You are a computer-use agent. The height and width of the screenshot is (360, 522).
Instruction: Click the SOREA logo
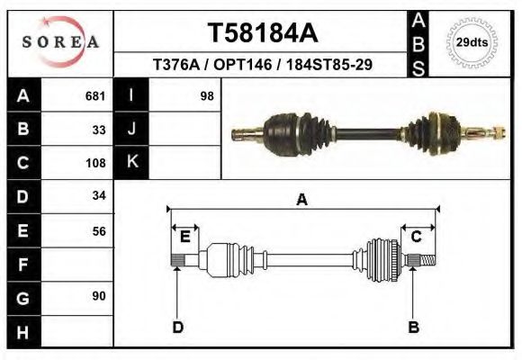tap(60, 42)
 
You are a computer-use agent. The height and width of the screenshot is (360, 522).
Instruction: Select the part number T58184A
tap(262, 33)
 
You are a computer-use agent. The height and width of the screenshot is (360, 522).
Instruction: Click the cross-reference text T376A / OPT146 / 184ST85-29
tap(262, 65)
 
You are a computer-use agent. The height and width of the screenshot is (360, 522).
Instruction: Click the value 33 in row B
tap(99, 129)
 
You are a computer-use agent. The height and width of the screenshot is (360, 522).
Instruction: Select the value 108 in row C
tap(96, 163)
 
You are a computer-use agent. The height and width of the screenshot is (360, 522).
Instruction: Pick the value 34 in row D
tap(99, 195)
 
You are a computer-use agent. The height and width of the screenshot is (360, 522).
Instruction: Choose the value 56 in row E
tap(99, 230)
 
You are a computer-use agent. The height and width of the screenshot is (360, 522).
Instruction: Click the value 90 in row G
tap(99, 296)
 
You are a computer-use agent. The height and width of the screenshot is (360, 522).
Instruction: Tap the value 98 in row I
tap(206, 95)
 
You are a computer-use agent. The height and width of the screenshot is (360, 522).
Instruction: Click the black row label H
tap(22, 332)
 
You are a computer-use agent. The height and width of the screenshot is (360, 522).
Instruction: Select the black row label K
tap(131, 162)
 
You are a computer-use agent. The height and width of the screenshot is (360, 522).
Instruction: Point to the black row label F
tap(22, 265)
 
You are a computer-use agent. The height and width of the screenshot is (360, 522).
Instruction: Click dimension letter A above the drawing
tap(301, 200)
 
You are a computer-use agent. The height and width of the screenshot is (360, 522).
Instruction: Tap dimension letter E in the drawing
tap(184, 237)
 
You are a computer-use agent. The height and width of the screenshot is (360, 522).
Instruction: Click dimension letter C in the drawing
tap(417, 237)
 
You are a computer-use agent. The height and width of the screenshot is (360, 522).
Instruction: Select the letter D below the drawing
tap(178, 327)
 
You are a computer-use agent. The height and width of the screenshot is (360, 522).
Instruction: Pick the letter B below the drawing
tap(414, 327)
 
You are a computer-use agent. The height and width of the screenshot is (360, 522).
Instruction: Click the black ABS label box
tap(418, 42)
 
